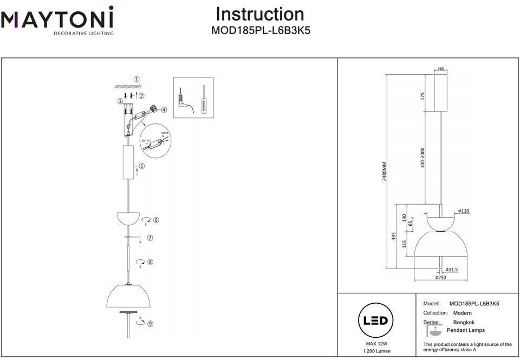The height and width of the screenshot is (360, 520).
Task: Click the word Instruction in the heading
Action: coord(259,14)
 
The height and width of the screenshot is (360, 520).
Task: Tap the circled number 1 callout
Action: coord(136,79)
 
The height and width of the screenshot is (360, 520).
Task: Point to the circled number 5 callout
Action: coord(141,166)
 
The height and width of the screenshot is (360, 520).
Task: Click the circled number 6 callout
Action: coord(156,220)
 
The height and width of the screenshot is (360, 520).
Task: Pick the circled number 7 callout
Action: coord(150,238)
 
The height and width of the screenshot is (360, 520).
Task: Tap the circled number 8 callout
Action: coord(150,262)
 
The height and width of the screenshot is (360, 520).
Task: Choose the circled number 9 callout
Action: coord(150,324)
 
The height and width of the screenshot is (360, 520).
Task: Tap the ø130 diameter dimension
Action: coord(463,211)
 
